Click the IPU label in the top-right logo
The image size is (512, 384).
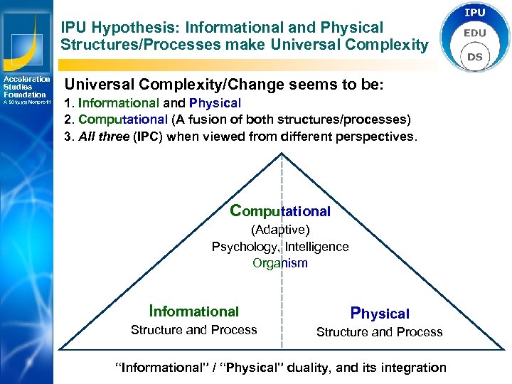click(475, 13)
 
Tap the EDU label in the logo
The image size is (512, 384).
click(475, 33)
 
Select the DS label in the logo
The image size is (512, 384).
click(475, 55)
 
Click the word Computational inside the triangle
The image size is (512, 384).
click(281, 211)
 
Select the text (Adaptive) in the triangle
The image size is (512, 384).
click(280, 230)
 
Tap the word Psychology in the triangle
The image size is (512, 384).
click(244, 247)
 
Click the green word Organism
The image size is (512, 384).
click(280, 263)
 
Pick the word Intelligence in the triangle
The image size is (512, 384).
click(317, 247)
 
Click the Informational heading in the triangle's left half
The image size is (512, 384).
click(194, 311)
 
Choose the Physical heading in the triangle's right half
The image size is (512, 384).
click(380, 313)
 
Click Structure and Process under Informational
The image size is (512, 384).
click(194, 330)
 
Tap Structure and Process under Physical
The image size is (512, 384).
click(379, 332)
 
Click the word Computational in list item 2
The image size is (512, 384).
click(123, 119)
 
